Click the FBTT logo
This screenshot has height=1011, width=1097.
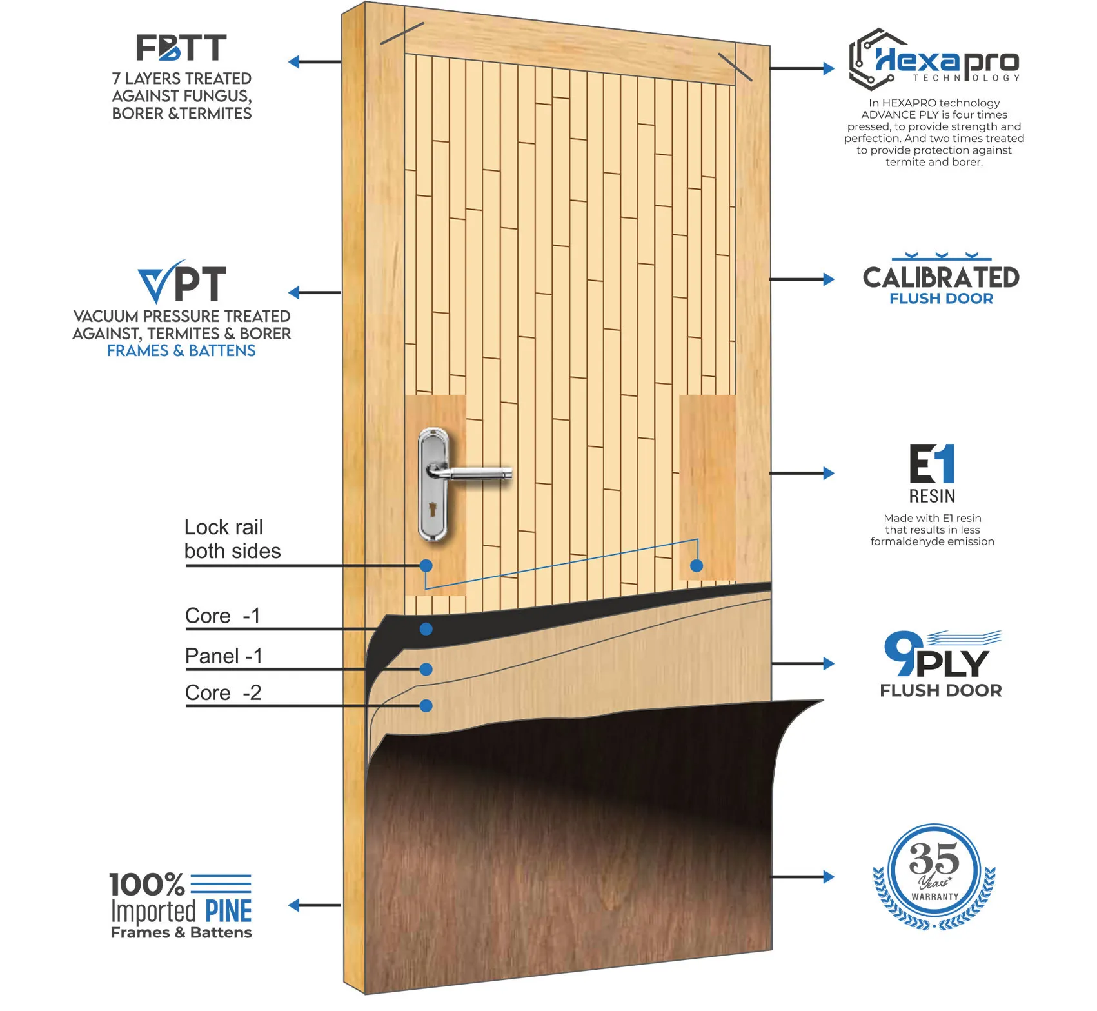[x=181, y=48]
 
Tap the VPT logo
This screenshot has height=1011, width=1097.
[x=182, y=283]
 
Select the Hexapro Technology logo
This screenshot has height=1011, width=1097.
[x=934, y=60]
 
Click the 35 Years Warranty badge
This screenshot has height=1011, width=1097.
[x=934, y=876]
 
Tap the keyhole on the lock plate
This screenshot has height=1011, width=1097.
[x=433, y=509]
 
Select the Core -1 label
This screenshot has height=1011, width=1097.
[x=222, y=616]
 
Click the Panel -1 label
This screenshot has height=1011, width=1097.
[x=223, y=656]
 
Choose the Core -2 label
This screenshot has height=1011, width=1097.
[x=223, y=693]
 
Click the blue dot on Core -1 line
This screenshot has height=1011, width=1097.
[x=426, y=629]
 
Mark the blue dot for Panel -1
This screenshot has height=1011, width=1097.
[x=426, y=670]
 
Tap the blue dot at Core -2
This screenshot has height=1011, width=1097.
[x=426, y=706]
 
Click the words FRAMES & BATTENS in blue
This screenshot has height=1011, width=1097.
[x=181, y=351]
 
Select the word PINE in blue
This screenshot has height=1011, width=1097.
[x=228, y=911]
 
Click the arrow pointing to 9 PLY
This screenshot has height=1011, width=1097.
[x=804, y=663]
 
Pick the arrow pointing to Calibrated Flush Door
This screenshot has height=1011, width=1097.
[x=804, y=279]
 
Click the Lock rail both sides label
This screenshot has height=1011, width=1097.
[x=232, y=539]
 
